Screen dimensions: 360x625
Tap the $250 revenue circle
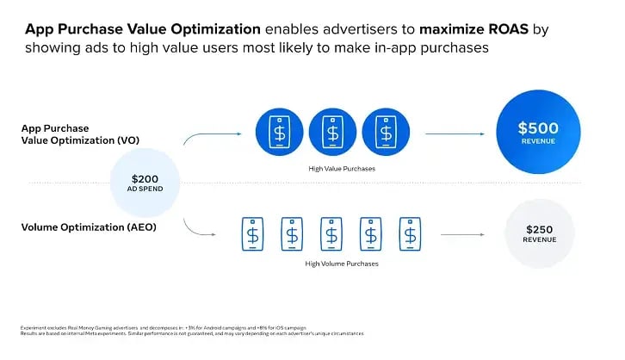pos(541,234)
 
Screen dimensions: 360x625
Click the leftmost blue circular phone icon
pos(279,133)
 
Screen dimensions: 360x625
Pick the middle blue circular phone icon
pos(332,133)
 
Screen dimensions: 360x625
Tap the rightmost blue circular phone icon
pos(385,133)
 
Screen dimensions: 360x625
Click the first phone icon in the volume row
pos(251,233)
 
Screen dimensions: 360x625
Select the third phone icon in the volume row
pos(331,233)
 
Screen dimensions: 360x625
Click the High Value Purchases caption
pos(342,169)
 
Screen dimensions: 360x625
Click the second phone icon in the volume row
pos(292,233)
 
